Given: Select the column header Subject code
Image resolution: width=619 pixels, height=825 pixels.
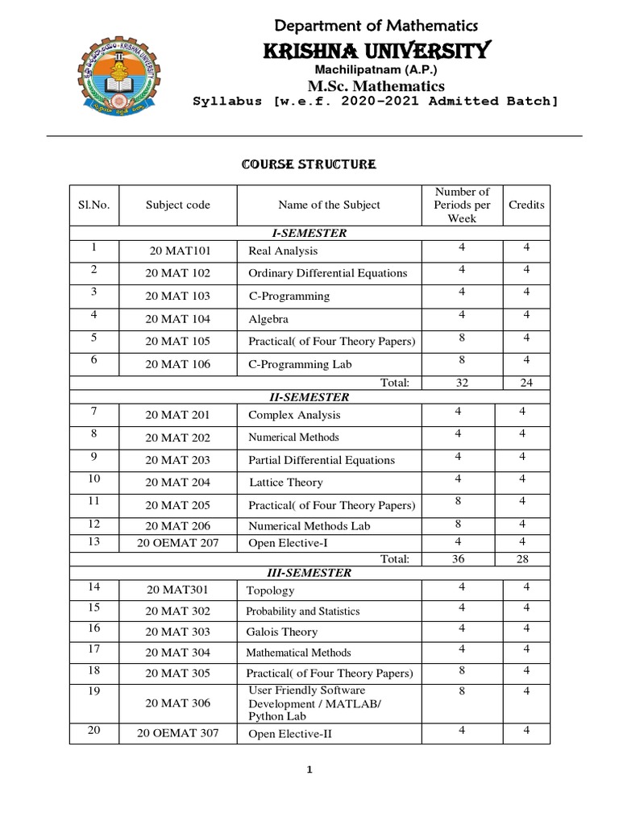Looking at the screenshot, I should pyautogui.click(x=177, y=205).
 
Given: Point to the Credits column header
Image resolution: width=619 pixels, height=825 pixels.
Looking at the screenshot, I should pyautogui.click(x=526, y=205).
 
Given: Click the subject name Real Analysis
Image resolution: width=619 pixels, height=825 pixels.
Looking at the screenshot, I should pyautogui.click(x=283, y=251).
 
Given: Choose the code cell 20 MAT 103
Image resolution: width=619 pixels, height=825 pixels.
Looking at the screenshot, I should pyautogui.click(x=177, y=296).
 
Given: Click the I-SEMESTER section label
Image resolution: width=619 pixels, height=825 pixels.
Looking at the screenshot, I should pyautogui.click(x=309, y=233).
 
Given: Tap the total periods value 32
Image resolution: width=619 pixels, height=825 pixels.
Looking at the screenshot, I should pyautogui.click(x=462, y=383).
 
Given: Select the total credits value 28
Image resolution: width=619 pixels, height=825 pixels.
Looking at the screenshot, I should pyautogui.click(x=526, y=558).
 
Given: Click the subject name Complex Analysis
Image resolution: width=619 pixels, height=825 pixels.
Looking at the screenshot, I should pyautogui.click(x=294, y=415).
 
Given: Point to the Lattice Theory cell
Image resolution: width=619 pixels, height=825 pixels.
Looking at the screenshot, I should pyautogui.click(x=285, y=483).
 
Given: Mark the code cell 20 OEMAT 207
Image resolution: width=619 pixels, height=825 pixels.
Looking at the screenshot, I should pyautogui.click(x=177, y=543).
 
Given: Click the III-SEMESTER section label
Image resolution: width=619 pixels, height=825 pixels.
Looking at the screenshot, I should pyautogui.click(x=309, y=573).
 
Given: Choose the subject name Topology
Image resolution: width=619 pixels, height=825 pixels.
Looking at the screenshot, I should pyautogui.click(x=271, y=591).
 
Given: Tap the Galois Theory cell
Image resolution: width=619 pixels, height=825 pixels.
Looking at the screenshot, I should pyautogui.click(x=282, y=632).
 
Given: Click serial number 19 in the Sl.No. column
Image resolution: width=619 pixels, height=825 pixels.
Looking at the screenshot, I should pyautogui.click(x=93, y=691).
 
